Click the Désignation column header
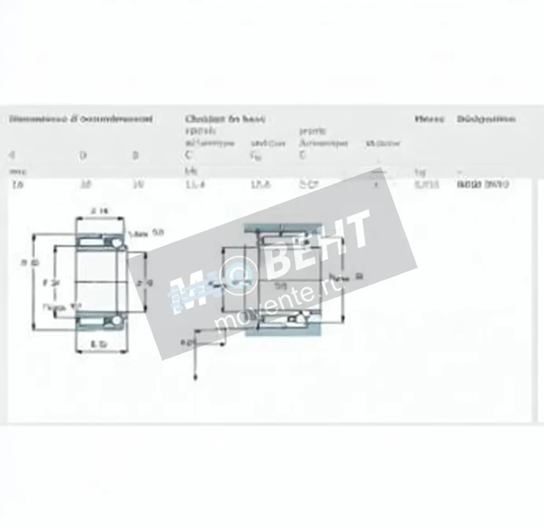[486, 119]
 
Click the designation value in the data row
[483, 184]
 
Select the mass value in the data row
[427, 184]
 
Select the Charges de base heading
[224, 119]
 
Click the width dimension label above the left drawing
[99, 210]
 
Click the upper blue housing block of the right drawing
[283, 228]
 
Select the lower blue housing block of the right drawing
[283, 332]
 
